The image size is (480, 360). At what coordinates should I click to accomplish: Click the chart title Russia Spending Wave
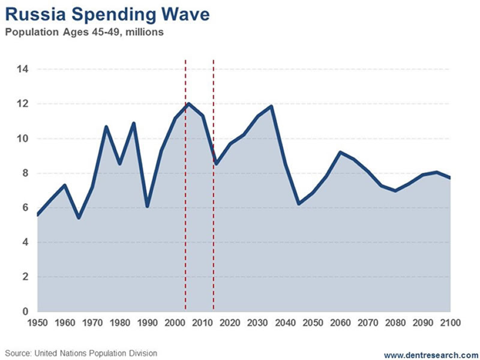[x=108, y=13]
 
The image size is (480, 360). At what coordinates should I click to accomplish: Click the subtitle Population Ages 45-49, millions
[x=84, y=32]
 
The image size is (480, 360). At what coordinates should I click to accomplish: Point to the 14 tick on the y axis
[x=23, y=70]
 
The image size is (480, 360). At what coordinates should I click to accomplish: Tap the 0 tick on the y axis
[x=25, y=312]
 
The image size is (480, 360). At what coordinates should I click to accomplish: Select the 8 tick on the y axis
[x=25, y=173]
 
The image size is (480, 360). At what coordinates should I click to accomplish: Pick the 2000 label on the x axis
[x=175, y=323]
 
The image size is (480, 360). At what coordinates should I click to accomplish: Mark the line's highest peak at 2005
[x=188, y=104]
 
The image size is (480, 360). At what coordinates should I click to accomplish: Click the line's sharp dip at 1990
[x=147, y=206]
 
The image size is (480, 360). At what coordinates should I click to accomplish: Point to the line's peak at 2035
[x=272, y=107]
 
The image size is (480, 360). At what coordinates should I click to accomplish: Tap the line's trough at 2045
[x=298, y=203]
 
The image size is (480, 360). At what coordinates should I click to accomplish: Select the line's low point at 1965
[x=79, y=217]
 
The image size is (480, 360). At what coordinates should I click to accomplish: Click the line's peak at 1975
[x=106, y=127]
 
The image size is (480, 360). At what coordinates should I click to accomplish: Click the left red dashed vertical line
[x=185, y=180]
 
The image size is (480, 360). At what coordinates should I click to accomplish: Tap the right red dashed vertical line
[x=214, y=180]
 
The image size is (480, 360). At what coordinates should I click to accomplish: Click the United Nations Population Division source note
[x=81, y=353]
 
